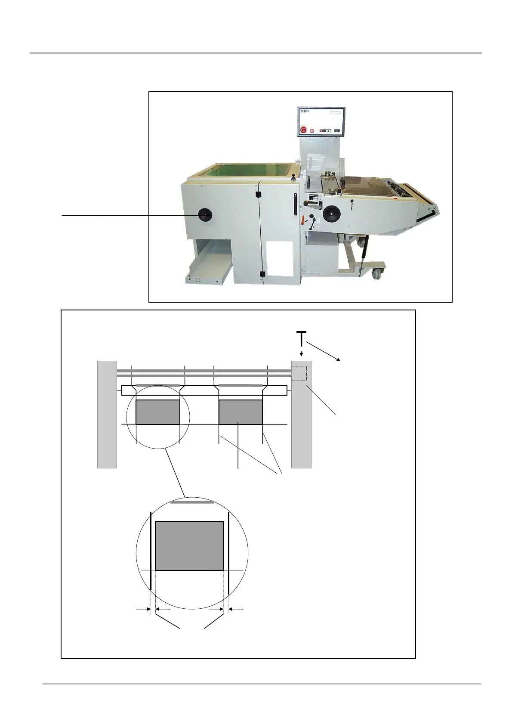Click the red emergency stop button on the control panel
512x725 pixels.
coord(303,130)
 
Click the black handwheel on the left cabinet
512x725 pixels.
coord(205,214)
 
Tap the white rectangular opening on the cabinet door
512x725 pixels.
coord(279,258)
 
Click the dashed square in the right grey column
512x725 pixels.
coord(299,373)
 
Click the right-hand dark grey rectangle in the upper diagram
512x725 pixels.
coord(241,412)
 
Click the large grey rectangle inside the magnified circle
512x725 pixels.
coord(189,545)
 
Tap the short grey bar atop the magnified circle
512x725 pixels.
coord(192,502)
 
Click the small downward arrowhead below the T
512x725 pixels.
coord(301,354)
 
